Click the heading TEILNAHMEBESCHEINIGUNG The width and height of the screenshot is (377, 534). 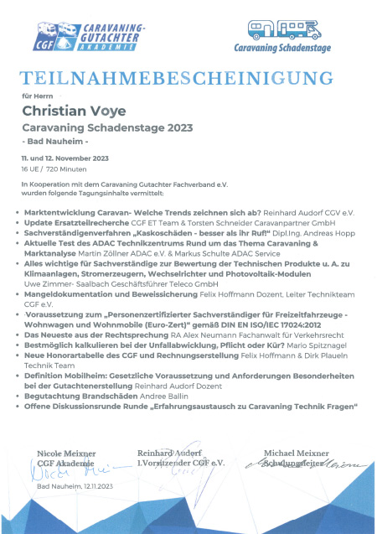[188, 80]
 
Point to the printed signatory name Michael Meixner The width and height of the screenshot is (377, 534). [298, 454]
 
